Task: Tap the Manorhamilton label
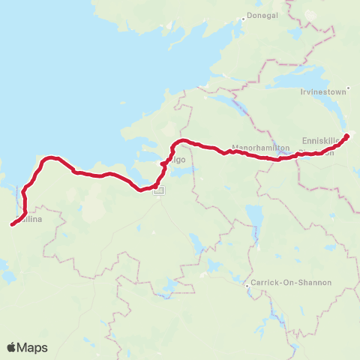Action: (x=260, y=148)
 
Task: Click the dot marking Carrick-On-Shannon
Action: (x=248, y=286)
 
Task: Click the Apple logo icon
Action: (x=12, y=347)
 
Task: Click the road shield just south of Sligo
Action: (x=159, y=192)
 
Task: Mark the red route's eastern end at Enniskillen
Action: (x=346, y=136)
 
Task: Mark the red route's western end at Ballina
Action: (x=12, y=223)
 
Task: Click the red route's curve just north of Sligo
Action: (x=177, y=142)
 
